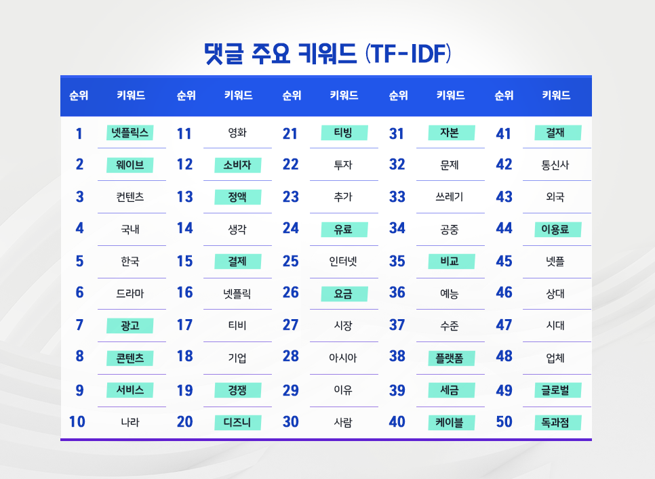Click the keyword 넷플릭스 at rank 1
(x=130, y=133)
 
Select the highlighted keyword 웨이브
(x=130, y=165)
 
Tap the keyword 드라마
(x=130, y=293)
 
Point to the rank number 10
(x=77, y=422)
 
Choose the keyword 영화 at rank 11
(x=237, y=133)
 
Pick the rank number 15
(x=184, y=261)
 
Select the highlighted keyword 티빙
(x=344, y=133)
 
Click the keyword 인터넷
(x=343, y=261)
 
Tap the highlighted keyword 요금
(x=344, y=293)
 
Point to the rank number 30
(x=291, y=422)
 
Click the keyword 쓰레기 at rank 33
(x=450, y=197)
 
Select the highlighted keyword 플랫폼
(x=450, y=358)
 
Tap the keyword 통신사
(x=556, y=165)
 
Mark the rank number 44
(x=504, y=228)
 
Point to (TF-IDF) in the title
(x=408, y=54)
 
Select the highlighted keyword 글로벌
(x=556, y=390)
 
